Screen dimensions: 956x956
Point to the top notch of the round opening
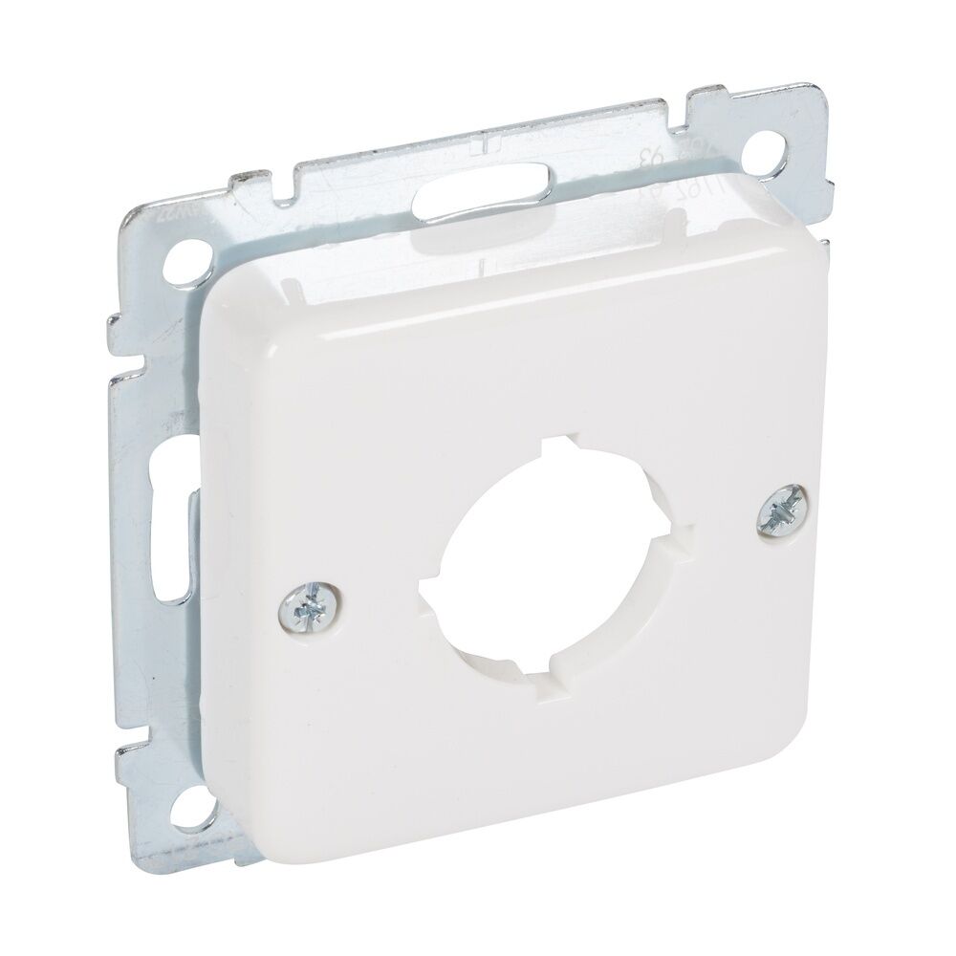(x=557, y=447)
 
